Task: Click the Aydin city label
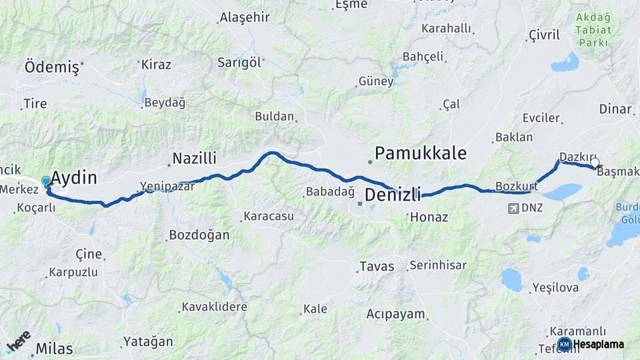click(x=74, y=178)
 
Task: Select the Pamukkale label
click(x=420, y=153)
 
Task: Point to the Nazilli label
click(x=195, y=159)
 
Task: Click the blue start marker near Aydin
click(x=46, y=181)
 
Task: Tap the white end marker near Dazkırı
click(x=595, y=162)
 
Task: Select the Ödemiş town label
click(x=51, y=67)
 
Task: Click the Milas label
click(x=55, y=348)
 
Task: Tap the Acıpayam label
click(x=397, y=314)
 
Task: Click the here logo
click(x=18, y=341)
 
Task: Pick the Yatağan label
click(x=147, y=342)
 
